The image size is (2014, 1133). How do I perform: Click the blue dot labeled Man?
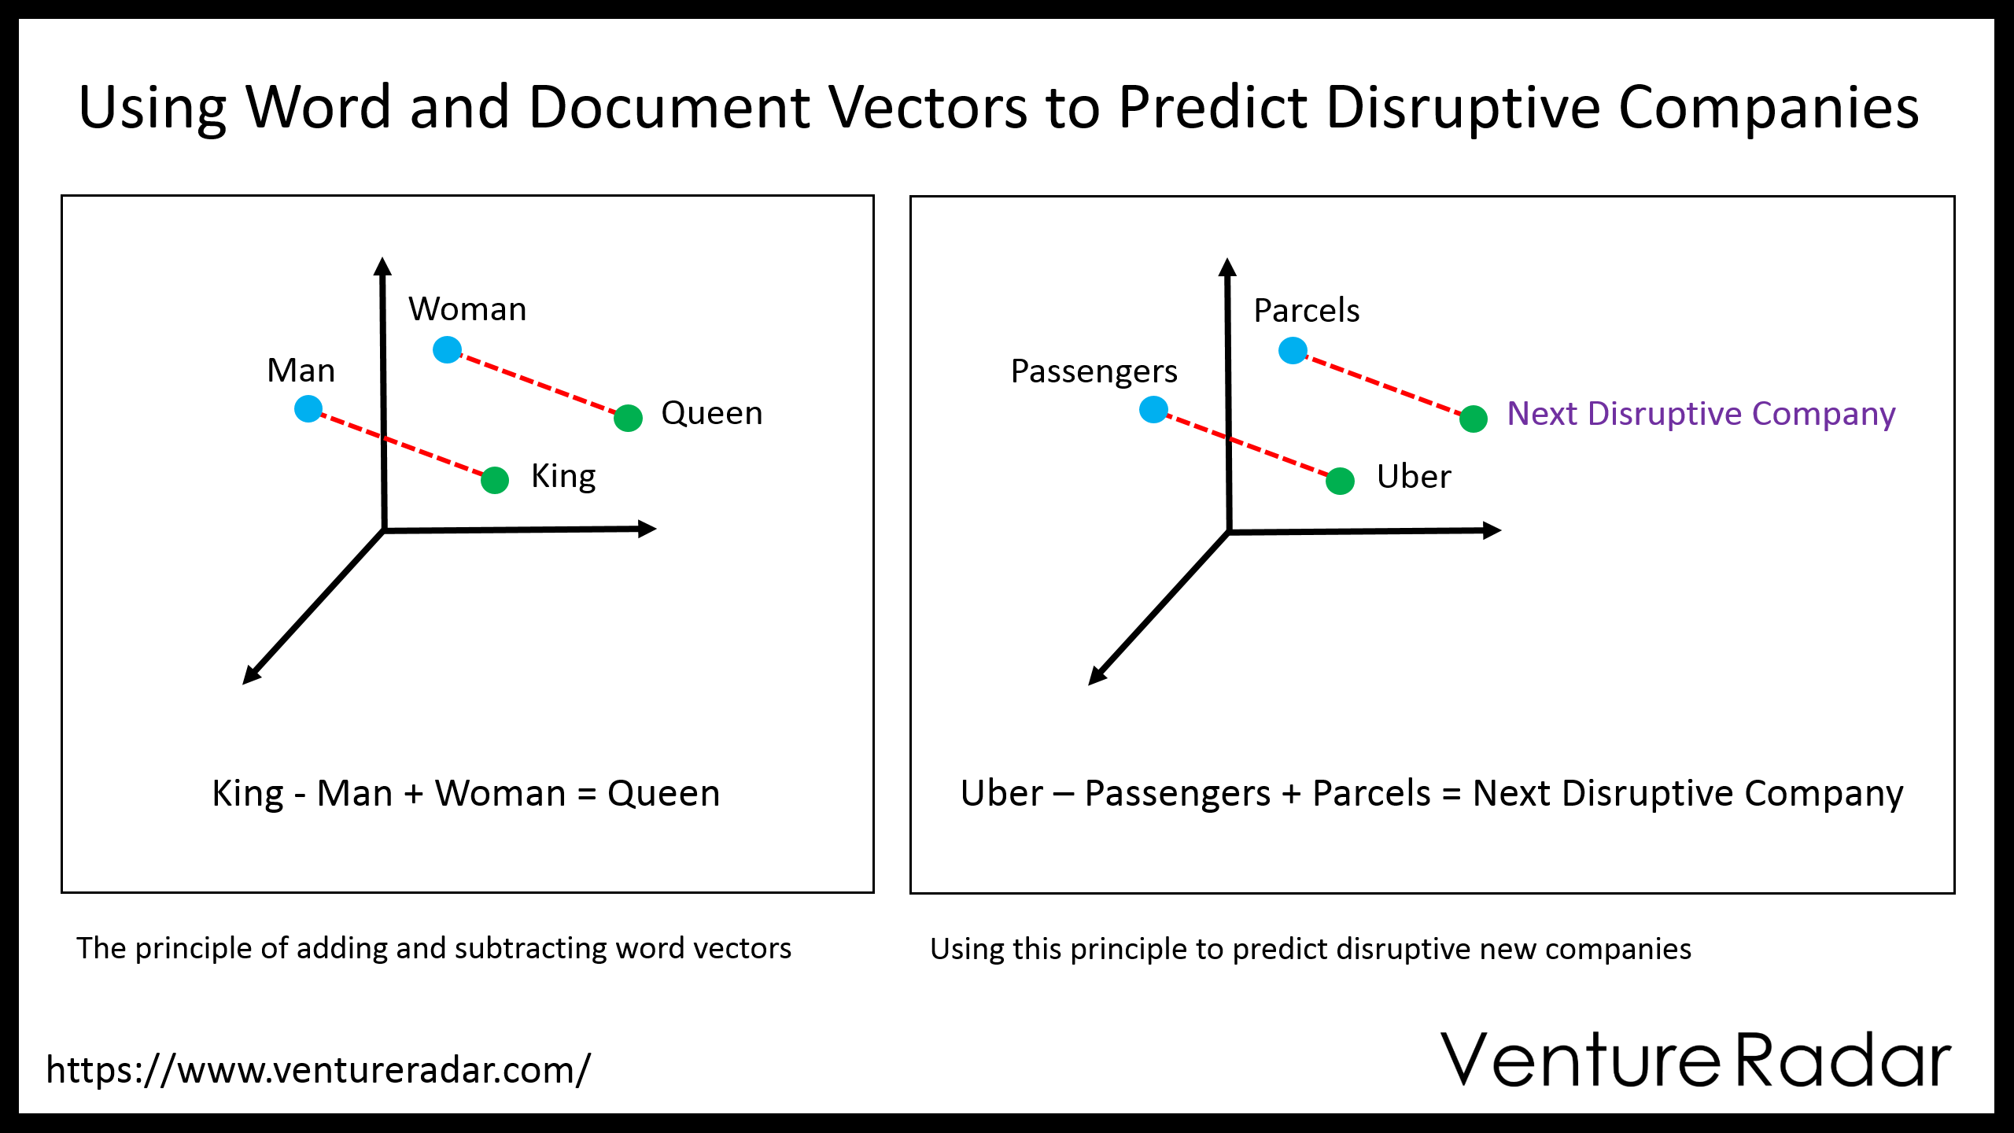308,408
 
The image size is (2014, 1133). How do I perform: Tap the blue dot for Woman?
447,349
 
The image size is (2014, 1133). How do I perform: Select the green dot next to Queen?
628,418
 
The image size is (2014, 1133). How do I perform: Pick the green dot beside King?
495,480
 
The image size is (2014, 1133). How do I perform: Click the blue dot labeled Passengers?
1153,409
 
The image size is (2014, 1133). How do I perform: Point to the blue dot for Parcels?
1293,350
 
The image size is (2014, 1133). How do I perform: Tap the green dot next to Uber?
1340,481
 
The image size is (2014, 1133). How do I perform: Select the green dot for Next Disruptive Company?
1474,419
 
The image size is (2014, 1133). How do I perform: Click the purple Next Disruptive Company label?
1701,414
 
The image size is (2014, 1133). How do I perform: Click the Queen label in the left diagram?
712,413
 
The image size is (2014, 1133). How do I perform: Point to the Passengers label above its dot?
1094,372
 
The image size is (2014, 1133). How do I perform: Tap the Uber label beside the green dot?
1414,477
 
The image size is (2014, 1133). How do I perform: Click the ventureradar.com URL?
318,1070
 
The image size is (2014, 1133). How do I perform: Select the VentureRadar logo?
1696,1060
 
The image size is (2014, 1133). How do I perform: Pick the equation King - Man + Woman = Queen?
466,794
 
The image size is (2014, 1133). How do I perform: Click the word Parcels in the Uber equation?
1371,793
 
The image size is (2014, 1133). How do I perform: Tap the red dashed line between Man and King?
401,445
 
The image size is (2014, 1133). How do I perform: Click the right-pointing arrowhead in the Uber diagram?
1492,531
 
